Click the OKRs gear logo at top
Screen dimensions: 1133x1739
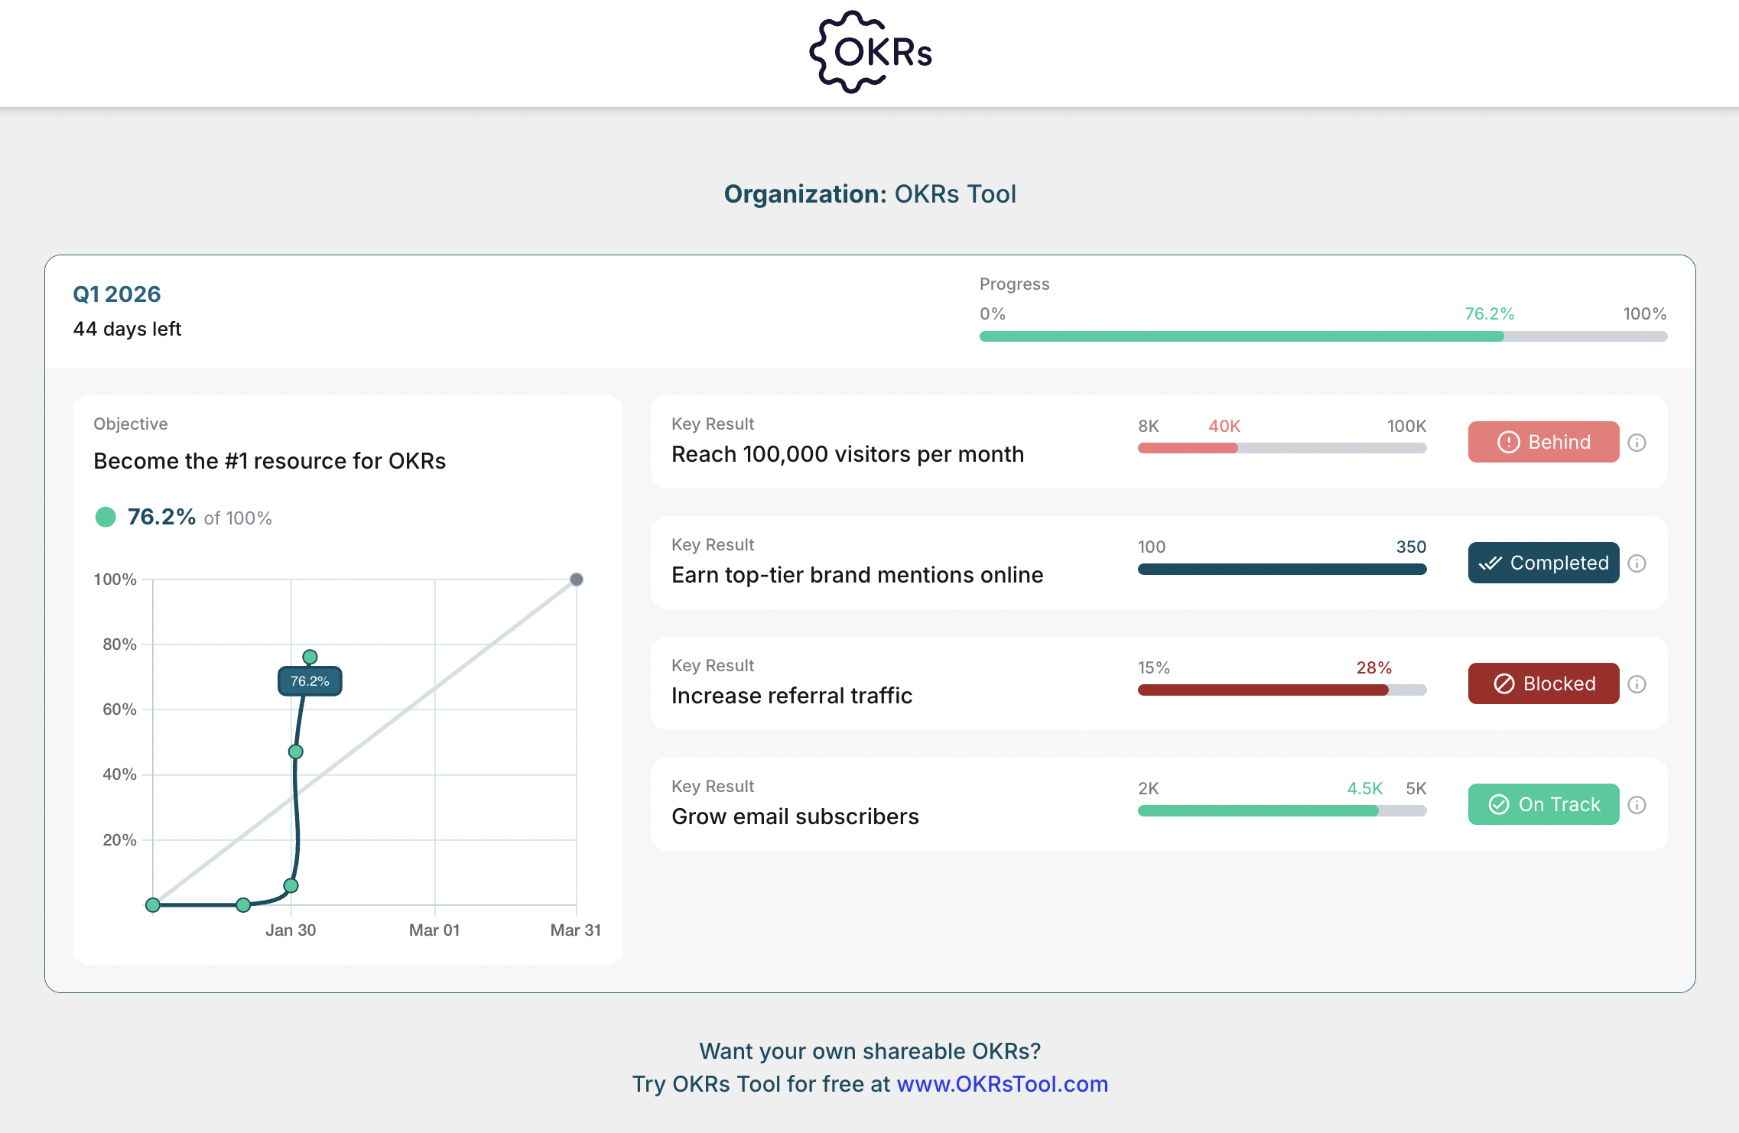click(x=870, y=52)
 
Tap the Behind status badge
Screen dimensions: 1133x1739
click(x=1543, y=442)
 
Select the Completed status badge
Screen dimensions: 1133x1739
click(x=1543, y=563)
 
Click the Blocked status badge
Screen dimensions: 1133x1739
click(x=1543, y=683)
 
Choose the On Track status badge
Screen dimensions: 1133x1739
click(x=1543, y=804)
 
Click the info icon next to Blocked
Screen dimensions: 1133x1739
click(x=1637, y=684)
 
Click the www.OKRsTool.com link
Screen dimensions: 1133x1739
click(x=1002, y=1084)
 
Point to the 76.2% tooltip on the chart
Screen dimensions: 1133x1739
click(x=310, y=681)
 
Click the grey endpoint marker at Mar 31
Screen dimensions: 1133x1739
click(x=577, y=579)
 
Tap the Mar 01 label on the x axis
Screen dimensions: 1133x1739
click(x=434, y=930)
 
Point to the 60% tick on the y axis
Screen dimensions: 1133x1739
click(x=119, y=709)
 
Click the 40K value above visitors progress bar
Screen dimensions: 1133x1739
click(x=1224, y=426)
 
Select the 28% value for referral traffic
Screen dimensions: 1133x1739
click(x=1373, y=667)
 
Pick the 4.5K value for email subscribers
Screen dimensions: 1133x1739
click(x=1364, y=788)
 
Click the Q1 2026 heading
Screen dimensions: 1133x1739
click(x=117, y=294)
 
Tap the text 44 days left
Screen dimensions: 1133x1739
click(x=127, y=329)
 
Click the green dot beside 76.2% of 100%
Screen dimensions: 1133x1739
click(x=106, y=518)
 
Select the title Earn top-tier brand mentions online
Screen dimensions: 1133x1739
click(x=857, y=575)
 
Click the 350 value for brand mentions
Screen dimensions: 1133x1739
click(x=1411, y=547)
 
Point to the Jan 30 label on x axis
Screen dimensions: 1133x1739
click(x=291, y=930)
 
